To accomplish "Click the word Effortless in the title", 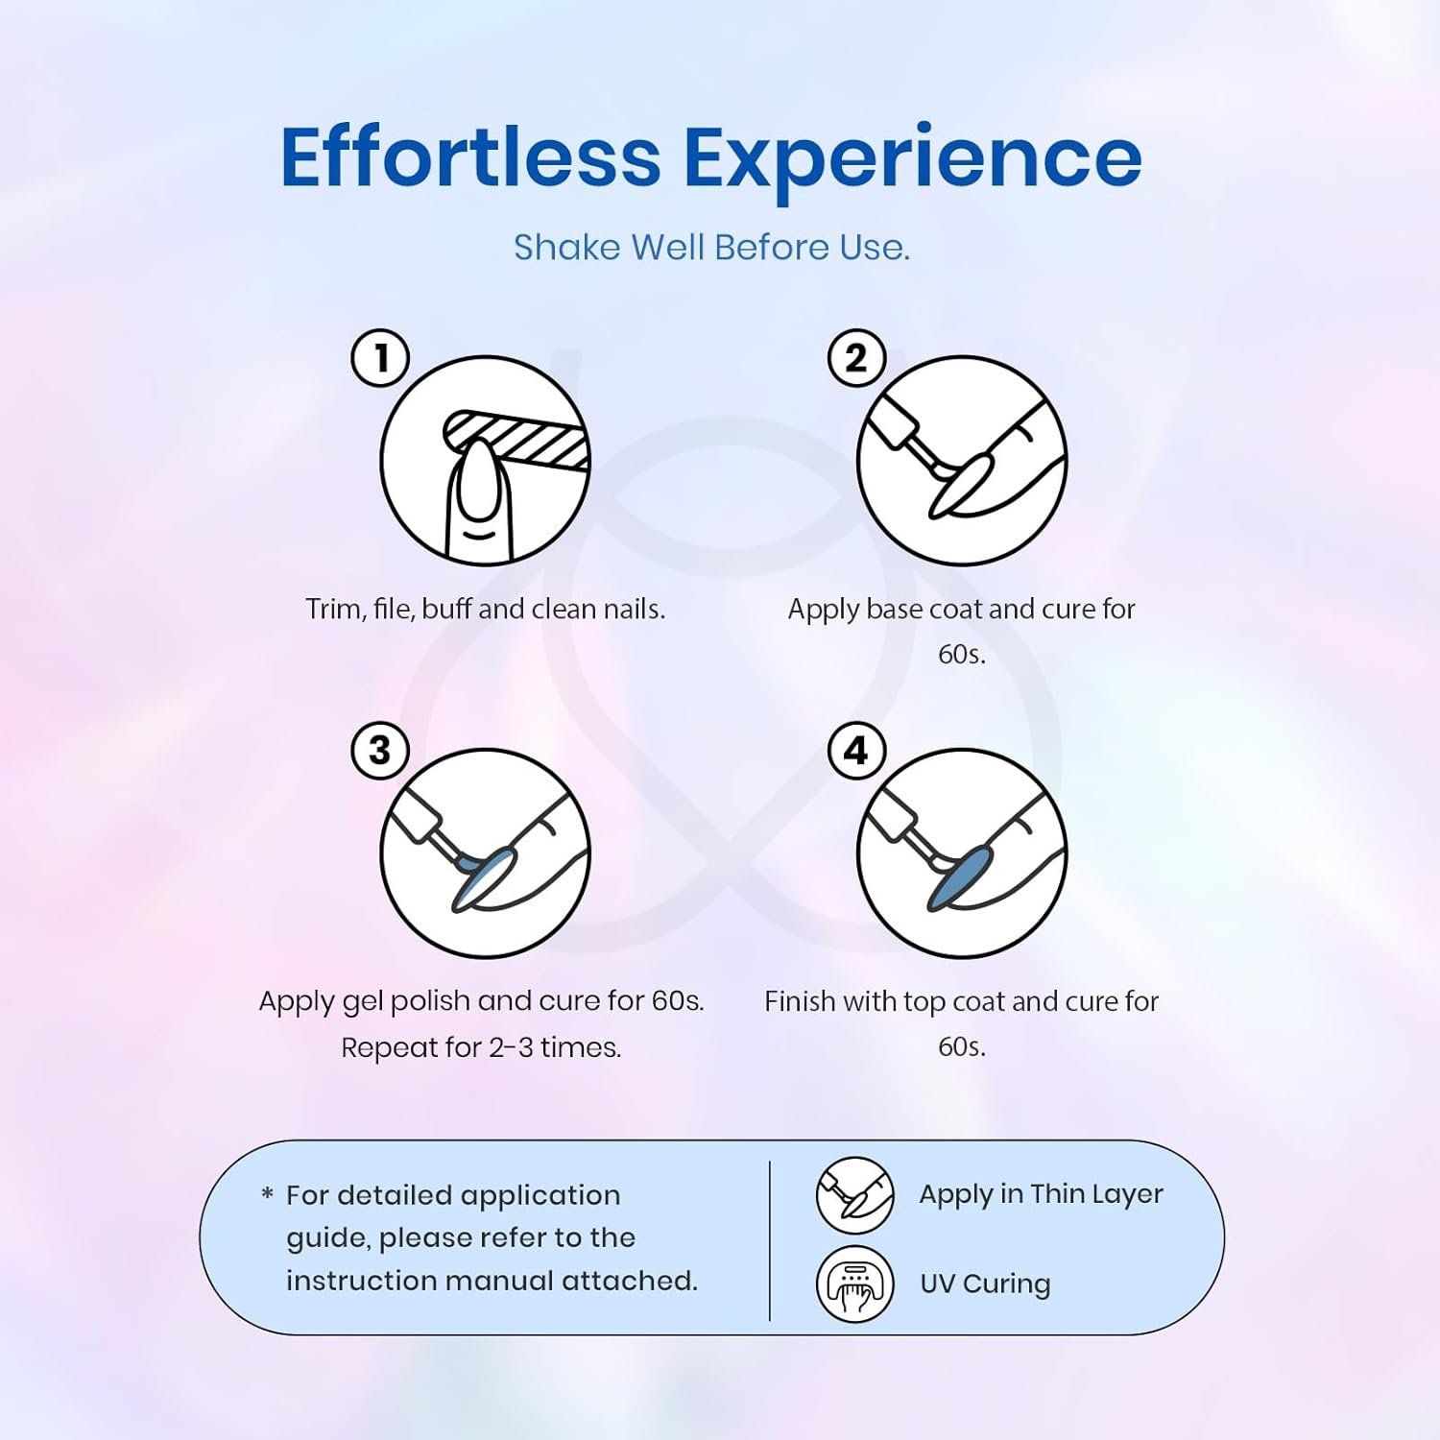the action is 470,156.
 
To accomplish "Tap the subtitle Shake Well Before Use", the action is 711,248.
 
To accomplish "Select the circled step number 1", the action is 381,358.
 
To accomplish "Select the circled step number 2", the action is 856,358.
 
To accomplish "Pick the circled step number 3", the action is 381,751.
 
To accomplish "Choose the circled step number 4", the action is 856,751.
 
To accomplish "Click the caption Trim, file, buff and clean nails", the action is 485,610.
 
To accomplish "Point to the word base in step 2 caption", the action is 897,610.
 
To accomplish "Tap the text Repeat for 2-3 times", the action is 481,1047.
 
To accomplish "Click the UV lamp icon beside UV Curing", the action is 854,1284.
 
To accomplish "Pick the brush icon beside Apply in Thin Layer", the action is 854,1195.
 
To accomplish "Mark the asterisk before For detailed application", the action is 267,1194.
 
